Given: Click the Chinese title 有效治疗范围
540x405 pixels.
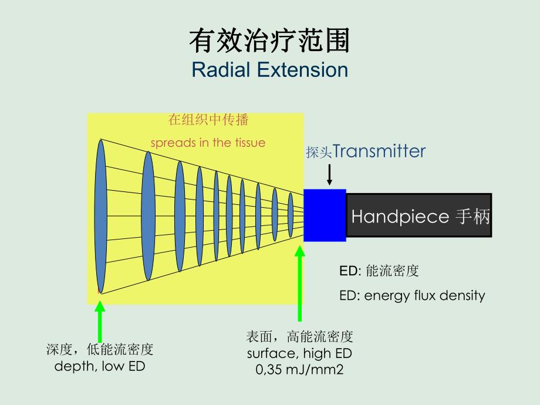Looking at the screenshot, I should pyautogui.click(x=269, y=42).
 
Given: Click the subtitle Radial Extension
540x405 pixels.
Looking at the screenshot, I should pyautogui.click(x=269, y=70).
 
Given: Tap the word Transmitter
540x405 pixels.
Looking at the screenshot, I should pyautogui.click(x=379, y=151).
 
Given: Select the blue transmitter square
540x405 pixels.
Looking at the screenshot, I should pyautogui.click(x=325, y=215).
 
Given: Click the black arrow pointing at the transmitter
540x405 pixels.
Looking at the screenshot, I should pyautogui.click(x=329, y=175).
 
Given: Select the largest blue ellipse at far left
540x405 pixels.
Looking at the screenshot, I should pyautogui.click(x=102, y=216).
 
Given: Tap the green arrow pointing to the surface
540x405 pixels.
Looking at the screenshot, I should pyautogui.click(x=300, y=282).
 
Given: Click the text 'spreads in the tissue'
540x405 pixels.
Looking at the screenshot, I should pyautogui.click(x=208, y=143).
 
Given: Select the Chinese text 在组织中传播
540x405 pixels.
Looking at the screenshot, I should pyautogui.click(x=208, y=120).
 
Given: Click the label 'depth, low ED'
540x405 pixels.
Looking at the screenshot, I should pyautogui.click(x=100, y=366).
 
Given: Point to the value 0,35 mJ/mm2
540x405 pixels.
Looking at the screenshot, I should pyautogui.click(x=299, y=370).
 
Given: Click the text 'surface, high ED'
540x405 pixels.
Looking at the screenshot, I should pyautogui.click(x=299, y=353).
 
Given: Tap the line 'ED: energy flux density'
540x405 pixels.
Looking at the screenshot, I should pyautogui.click(x=412, y=295).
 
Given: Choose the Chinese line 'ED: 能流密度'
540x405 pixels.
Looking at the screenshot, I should pyautogui.click(x=379, y=271).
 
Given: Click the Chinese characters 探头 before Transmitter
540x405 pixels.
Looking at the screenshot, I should pyautogui.click(x=319, y=153).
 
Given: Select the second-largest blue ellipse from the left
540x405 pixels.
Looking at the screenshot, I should pyautogui.click(x=148, y=215).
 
